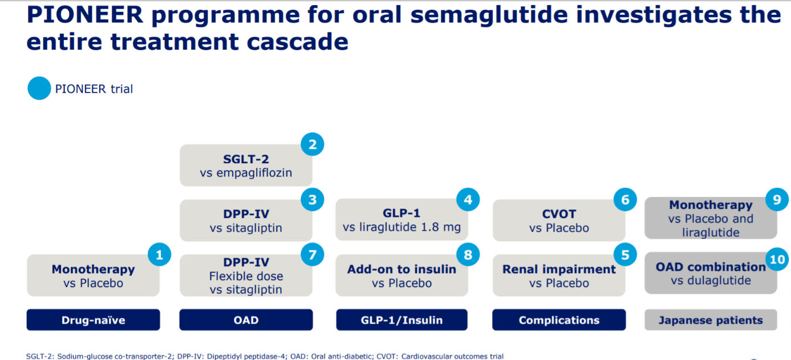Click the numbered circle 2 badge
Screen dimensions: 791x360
point(313,144)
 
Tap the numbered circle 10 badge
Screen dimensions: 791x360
point(777,260)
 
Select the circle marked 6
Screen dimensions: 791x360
point(626,200)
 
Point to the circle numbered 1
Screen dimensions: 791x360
point(160,254)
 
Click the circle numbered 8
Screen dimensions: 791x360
point(468,254)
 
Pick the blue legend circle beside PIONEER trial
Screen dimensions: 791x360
point(39,88)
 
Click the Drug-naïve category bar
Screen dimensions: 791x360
point(93,320)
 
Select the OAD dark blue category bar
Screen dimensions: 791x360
point(246,320)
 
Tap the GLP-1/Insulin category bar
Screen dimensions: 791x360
point(402,320)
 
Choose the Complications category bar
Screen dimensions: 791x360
point(559,320)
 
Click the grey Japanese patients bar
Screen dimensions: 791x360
point(711,320)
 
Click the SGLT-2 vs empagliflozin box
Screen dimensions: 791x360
point(246,165)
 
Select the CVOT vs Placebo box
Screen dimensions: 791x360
point(559,220)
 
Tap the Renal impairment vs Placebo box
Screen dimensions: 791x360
point(559,276)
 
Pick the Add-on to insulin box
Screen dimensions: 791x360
point(402,276)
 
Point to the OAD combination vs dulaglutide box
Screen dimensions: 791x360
point(711,273)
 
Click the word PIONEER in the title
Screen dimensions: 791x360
point(85,15)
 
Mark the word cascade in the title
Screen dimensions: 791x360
point(297,42)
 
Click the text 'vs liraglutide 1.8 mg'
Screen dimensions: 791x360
point(402,227)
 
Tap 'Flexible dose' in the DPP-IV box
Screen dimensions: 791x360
point(246,276)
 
